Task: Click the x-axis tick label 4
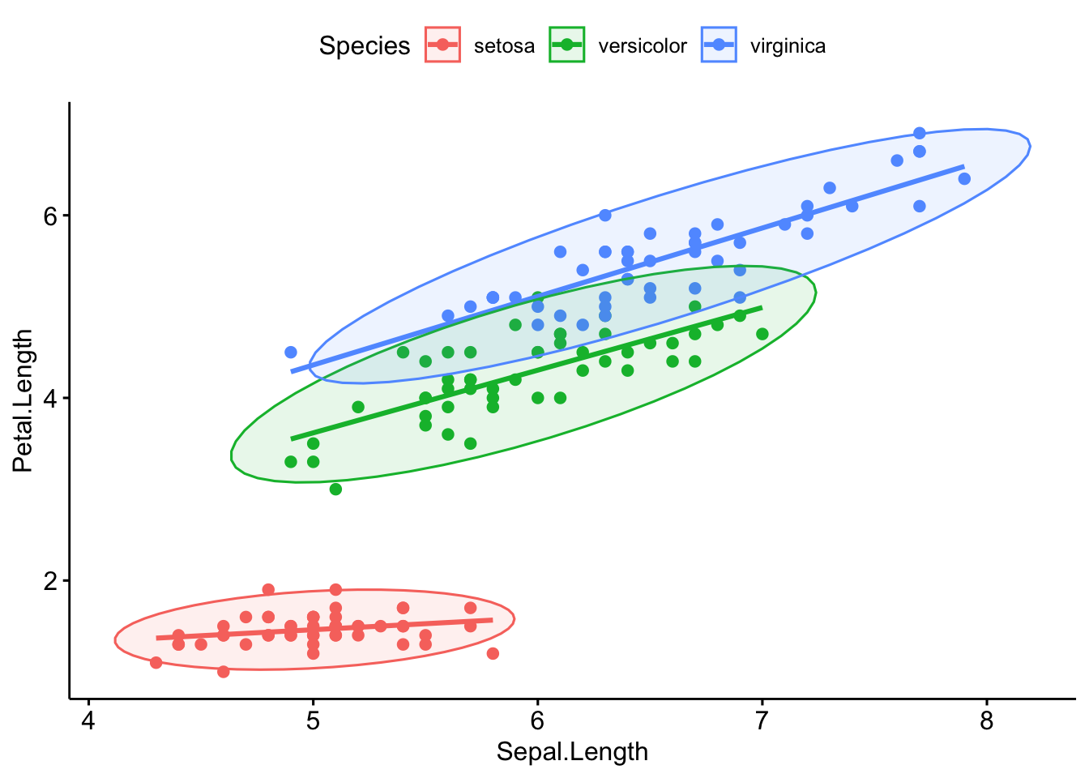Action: (89, 720)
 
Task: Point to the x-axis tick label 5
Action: (314, 720)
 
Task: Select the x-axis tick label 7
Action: (762, 720)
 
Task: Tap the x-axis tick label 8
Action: (986, 720)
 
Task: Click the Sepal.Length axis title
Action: (572, 752)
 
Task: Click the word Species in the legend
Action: (365, 45)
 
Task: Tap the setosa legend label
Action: (504, 46)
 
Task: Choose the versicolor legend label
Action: (642, 46)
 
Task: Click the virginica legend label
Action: (788, 46)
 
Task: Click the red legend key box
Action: (442, 45)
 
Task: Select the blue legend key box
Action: (719, 45)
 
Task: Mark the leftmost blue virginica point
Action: (291, 353)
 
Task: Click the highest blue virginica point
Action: (920, 133)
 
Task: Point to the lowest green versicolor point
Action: (335, 489)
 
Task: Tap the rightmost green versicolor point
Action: (762, 334)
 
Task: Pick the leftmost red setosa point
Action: (156, 663)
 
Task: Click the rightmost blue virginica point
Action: (964, 178)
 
